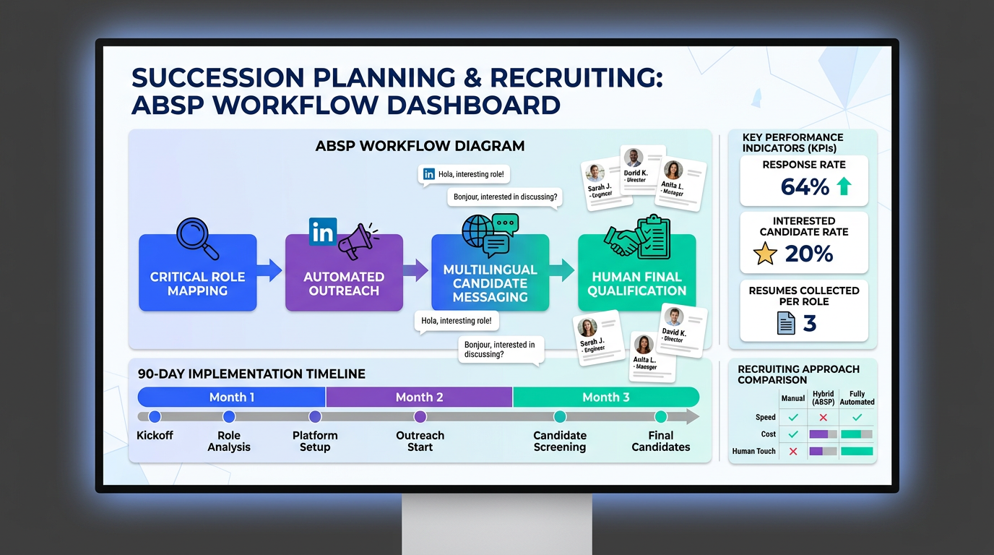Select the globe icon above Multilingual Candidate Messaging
pyautogui.click(x=477, y=233)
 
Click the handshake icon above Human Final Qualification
pyautogui.click(x=623, y=241)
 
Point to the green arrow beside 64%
pyautogui.click(x=843, y=187)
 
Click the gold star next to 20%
pyautogui.click(x=765, y=254)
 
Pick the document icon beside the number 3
pyautogui.click(x=786, y=323)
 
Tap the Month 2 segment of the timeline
pyautogui.click(x=419, y=397)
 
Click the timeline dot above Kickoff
pyautogui.click(x=155, y=416)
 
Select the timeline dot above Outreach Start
pyautogui.click(x=420, y=416)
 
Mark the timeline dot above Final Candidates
pyautogui.click(x=660, y=416)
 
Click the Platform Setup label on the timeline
pyautogui.click(x=315, y=441)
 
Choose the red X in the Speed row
pyautogui.click(x=823, y=417)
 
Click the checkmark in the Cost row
pyautogui.click(x=793, y=434)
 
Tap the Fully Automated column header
pyautogui.click(x=857, y=397)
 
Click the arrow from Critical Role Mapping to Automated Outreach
pyautogui.click(x=270, y=271)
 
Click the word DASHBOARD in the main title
pyautogui.click(x=474, y=105)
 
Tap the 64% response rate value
pyautogui.click(x=805, y=187)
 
